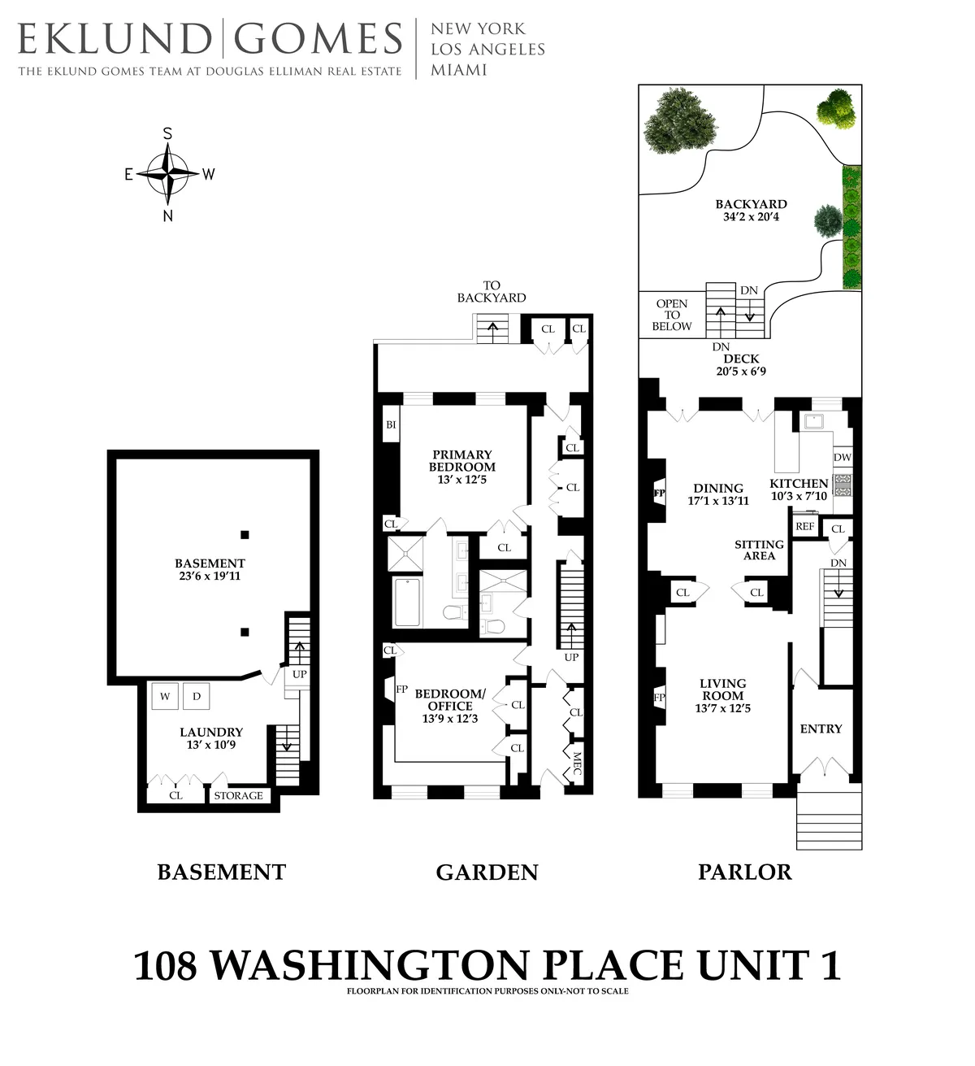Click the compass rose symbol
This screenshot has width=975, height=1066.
pyautogui.click(x=167, y=173)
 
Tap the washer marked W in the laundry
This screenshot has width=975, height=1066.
pyautogui.click(x=165, y=696)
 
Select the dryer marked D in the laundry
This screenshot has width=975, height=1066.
pyautogui.click(x=196, y=696)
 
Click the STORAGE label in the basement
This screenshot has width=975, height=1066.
pyautogui.click(x=238, y=795)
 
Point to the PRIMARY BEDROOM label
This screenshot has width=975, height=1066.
pyautogui.click(x=462, y=460)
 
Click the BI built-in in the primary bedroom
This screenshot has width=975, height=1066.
pyautogui.click(x=391, y=424)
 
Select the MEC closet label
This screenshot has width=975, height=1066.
pyautogui.click(x=577, y=764)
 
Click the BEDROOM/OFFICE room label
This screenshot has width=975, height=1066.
pyautogui.click(x=449, y=699)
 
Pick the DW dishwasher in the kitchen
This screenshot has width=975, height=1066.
pyautogui.click(x=843, y=458)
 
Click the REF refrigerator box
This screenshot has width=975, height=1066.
pyautogui.click(x=804, y=527)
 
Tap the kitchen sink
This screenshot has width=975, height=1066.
pyautogui.click(x=812, y=420)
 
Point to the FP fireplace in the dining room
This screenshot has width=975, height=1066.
pyautogui.click(x=659, y=493)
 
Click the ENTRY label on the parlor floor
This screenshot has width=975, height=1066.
pyautogui.click(x=821, y=729)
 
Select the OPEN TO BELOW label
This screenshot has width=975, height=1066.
pyautogui.click(x=672, y=315)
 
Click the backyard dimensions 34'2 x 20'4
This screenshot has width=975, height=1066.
pyautogui.click(x=751, y=217)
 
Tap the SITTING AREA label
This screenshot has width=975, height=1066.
pyautogui.click(x=760, y=550)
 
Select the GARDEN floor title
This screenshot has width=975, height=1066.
pyautogui.click(x=487, y=872)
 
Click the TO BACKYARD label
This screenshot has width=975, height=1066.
pyautogui.click(x=492, y=291)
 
